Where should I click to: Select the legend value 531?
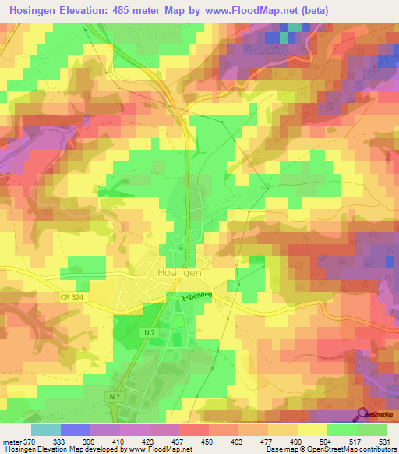click(x=386, y=442)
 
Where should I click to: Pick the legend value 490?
click(x=297, y=442)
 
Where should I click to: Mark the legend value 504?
click(x=327, y=442)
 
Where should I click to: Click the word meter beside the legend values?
click(x=11, y=442)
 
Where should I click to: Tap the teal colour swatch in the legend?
click(x=46, y=430)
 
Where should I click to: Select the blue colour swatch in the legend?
click(x=76, y=430)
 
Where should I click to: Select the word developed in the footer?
click(x=108, y=450)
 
